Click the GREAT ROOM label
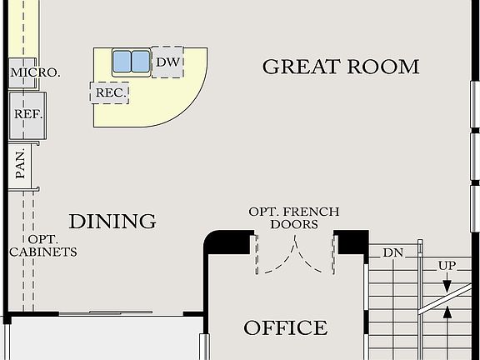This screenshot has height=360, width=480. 340,67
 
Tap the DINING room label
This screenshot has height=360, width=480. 112,221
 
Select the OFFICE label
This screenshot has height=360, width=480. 285,327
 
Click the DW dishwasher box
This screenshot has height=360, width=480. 167,62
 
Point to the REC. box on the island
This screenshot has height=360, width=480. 110,92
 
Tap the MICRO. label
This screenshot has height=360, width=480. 34,72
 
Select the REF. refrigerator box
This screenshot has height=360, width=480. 27,115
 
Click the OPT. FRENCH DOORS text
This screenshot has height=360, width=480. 294,218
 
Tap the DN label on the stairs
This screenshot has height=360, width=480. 392,252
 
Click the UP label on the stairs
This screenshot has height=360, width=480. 447,265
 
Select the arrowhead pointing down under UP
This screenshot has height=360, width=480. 447,286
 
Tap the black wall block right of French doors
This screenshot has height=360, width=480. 352,242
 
